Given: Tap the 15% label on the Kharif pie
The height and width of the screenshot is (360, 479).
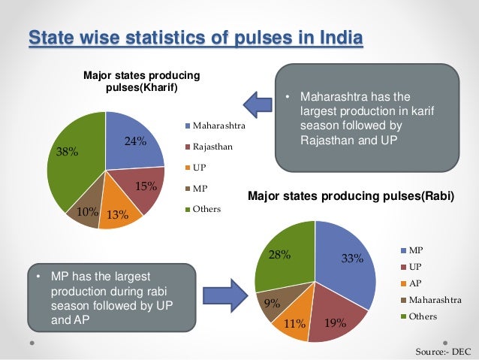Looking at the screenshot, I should pos(146,186).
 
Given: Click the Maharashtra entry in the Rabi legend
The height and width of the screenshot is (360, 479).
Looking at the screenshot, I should pos(434,300).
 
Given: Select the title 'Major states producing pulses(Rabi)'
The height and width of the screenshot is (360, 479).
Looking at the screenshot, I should pos(351,198).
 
